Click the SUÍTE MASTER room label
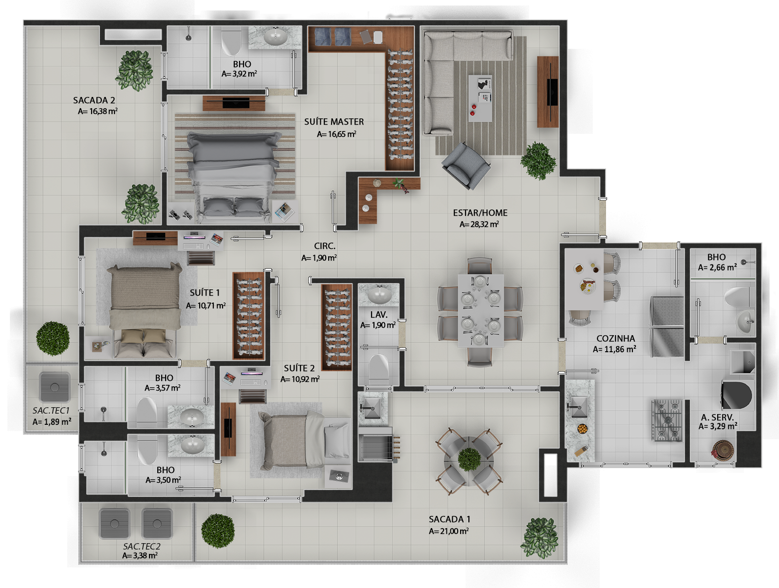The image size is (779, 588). [334, 122]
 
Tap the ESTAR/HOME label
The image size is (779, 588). [480, 213]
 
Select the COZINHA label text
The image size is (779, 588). [615, 339]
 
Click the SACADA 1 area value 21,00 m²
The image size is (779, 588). [448, 531]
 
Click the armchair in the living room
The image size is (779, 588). [466, 166]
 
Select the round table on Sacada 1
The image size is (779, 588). [469, 461]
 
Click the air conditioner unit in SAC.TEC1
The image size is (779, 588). [55, 387]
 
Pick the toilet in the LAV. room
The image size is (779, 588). [379, 368]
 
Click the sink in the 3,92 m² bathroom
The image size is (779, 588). [275, 37]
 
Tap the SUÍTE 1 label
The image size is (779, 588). [204, 293]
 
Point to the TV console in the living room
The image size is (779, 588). [548, 92]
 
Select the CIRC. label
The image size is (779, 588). [324, 246]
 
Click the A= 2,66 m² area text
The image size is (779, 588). [717, 267]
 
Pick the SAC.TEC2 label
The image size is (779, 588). [141, 546]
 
